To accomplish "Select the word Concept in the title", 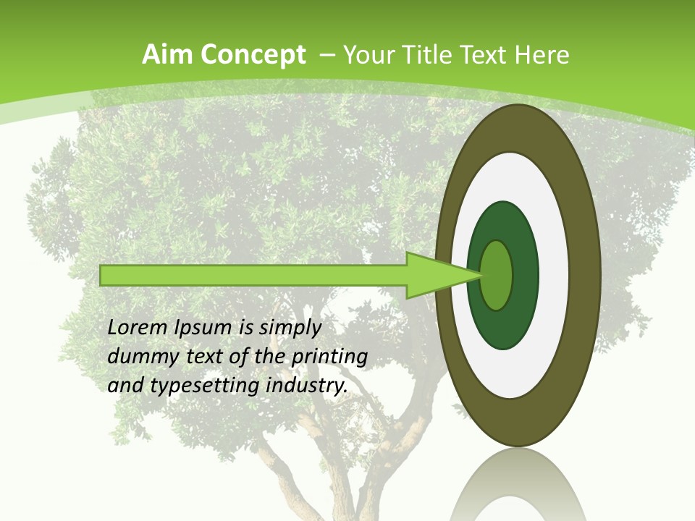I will point(253,55).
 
